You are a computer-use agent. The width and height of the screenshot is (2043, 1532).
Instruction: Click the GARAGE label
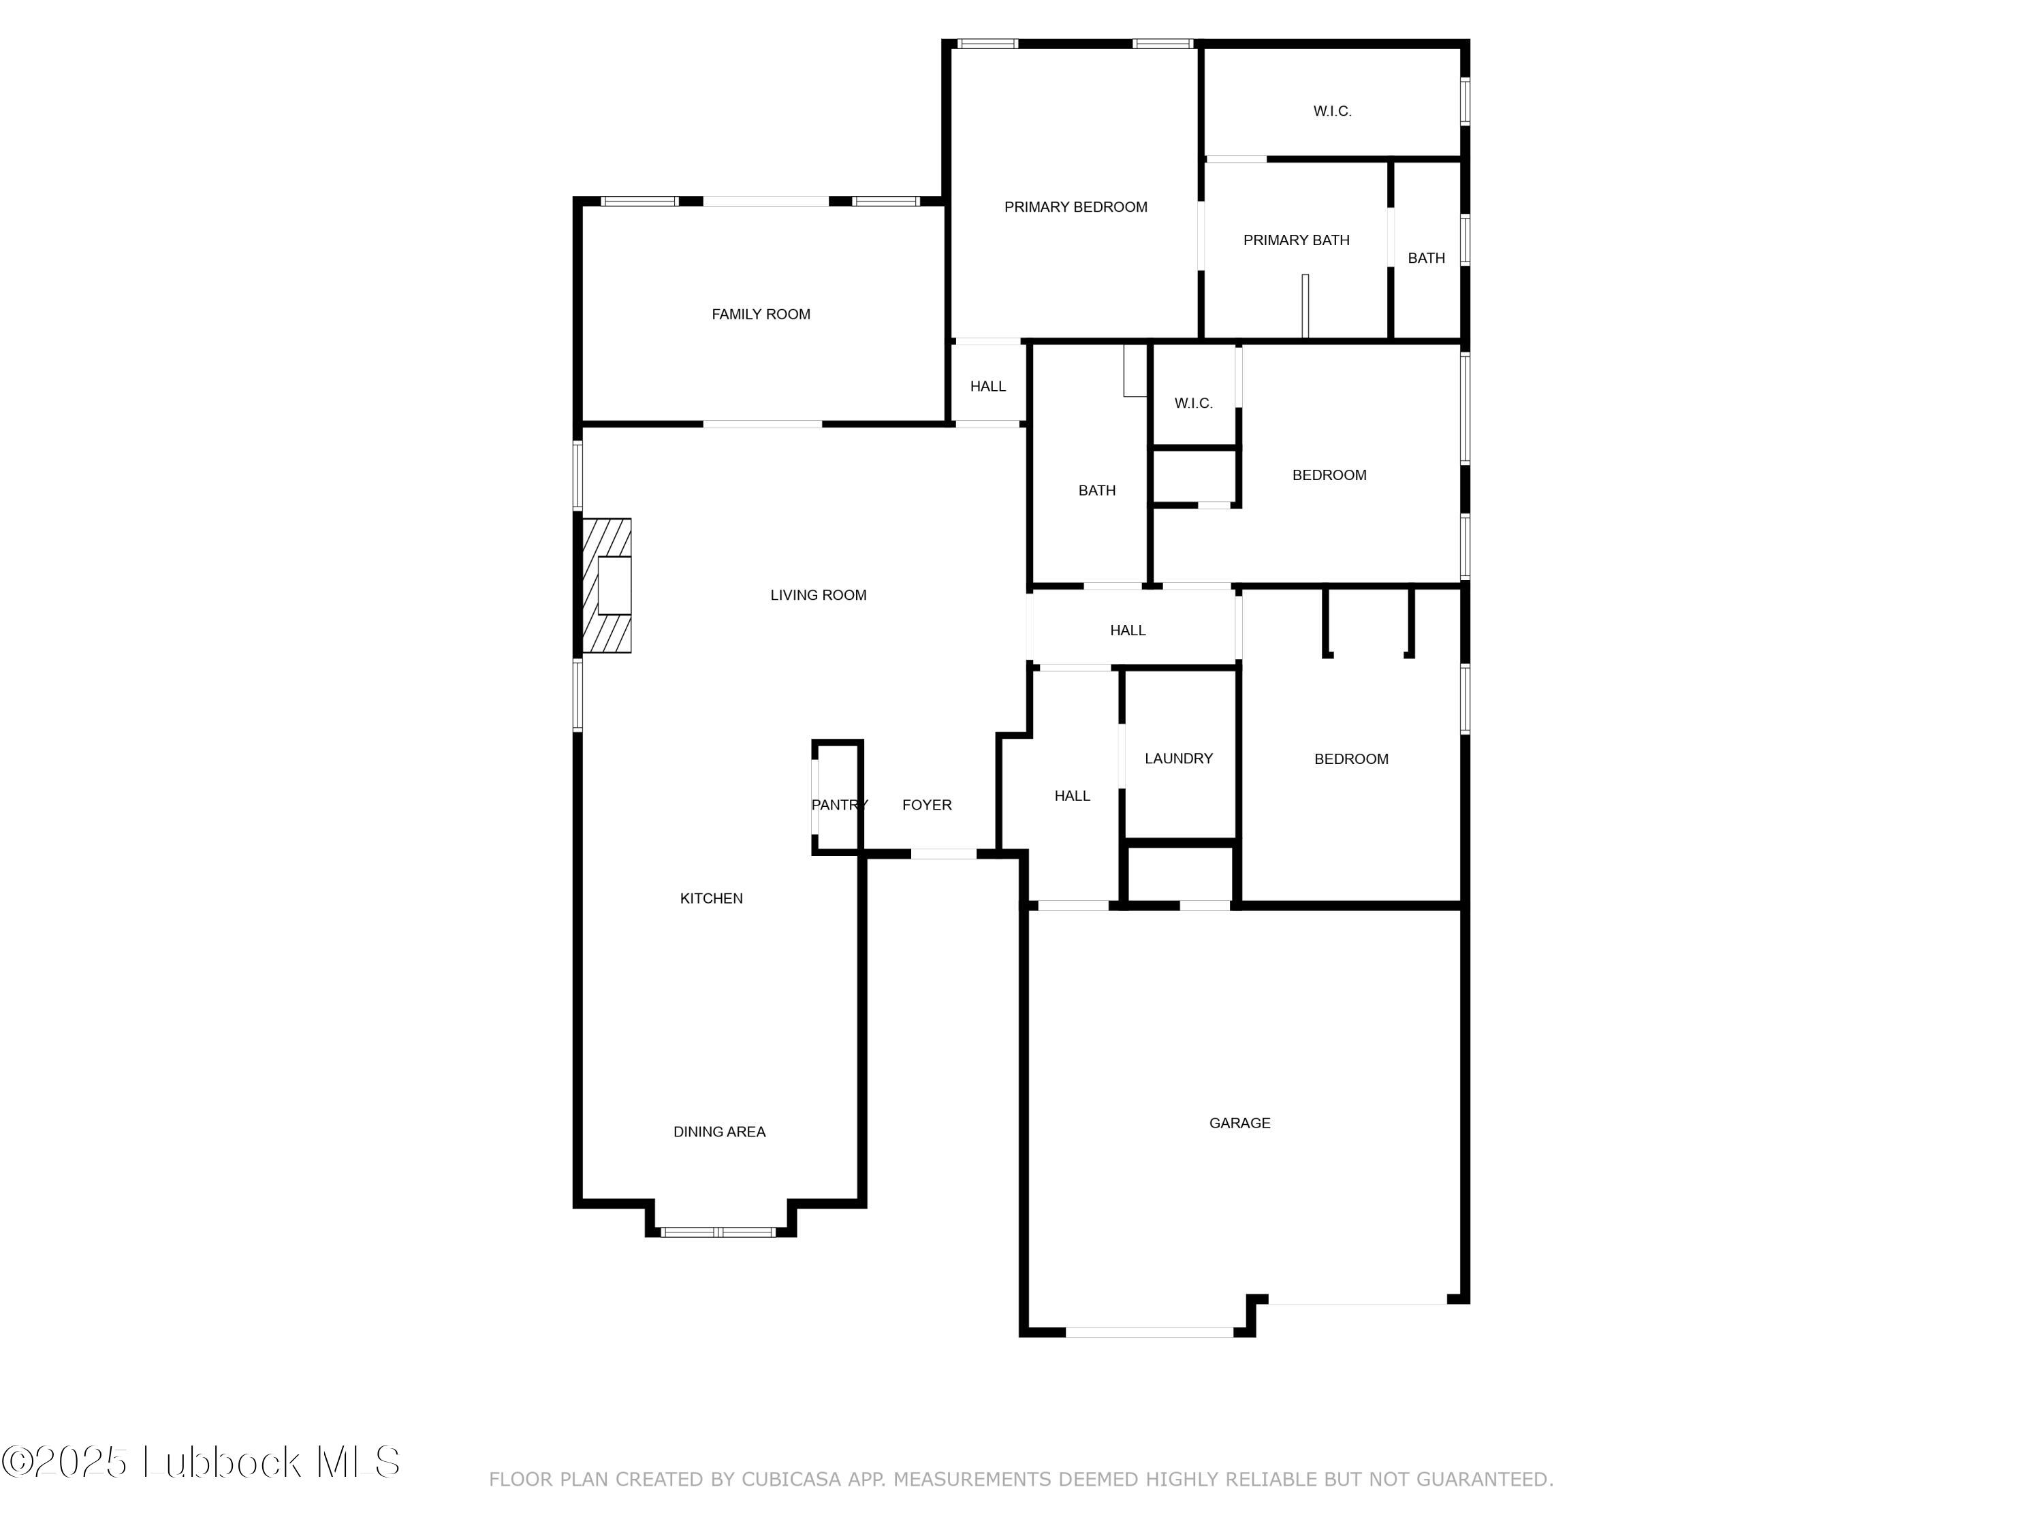pyautogui.click(x=1239, y=1123)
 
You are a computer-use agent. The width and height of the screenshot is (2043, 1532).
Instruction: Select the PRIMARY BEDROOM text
pyautogui.click(x=1075, y=207)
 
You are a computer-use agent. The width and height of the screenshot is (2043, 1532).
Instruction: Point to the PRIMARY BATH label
pyautogui.click(x=1296, y=240)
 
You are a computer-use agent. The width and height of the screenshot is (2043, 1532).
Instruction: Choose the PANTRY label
pyautogui.click(x=838, y=804)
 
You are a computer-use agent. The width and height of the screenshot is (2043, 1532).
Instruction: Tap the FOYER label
pyautogui.click(x=926, y=804)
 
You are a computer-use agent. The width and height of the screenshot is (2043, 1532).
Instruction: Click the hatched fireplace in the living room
pyautogui.click(x=607, y=586)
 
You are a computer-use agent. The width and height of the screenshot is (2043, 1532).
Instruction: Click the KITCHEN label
pyautogui.click(x=711, y=897)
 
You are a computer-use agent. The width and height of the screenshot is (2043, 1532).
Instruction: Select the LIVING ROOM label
pyautogui.click(x=819, y=594)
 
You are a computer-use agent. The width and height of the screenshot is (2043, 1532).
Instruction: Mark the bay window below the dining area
pyautogui.click(x=718, y=1231)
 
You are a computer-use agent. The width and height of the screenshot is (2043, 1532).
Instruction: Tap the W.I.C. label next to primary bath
pyautogui.click(x=1332, y=111)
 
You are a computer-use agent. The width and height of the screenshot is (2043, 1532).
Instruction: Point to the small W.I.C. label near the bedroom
pyautogui.click(x=1193, y=402)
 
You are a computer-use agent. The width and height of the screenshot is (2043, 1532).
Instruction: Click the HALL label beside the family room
pyautogui.click(x=987, y=386)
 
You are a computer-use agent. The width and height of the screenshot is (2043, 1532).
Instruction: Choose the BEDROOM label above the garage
pyautogui.click(x=1350, y=758)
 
